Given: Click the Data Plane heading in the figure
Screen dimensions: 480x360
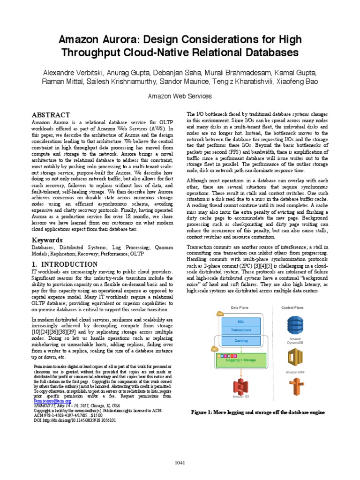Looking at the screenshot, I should (240, 307).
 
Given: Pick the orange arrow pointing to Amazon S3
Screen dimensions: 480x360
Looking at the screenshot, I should (240, 373).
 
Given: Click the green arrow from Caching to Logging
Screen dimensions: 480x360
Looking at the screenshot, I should (240, 349).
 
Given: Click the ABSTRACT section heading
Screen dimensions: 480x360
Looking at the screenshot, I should (51, 115).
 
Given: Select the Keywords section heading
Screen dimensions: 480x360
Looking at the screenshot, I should (47, 240).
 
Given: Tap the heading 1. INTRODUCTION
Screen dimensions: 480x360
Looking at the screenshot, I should (65, 264).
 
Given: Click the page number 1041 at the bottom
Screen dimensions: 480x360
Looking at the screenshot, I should (180, 463).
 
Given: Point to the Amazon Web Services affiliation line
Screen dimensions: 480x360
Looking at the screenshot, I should (180, 96).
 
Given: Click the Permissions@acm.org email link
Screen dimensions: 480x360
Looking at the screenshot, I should (52, 401).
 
